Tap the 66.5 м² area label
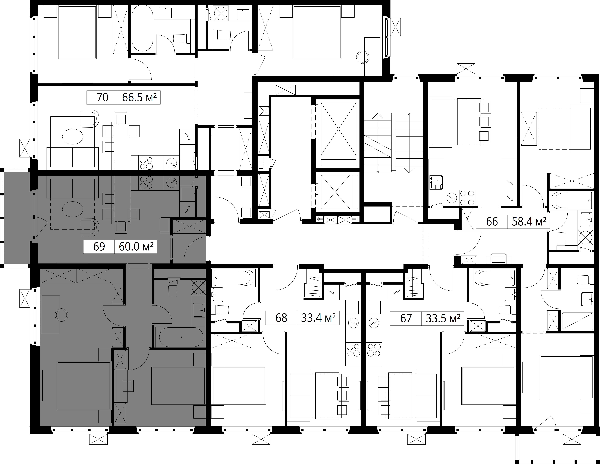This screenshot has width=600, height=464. click(x=139, y=97)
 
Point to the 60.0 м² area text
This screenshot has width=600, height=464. click(x=136, y=247)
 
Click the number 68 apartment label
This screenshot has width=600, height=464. click(x=281, y=318)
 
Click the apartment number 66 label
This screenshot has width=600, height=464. click(x=492, y=222)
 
